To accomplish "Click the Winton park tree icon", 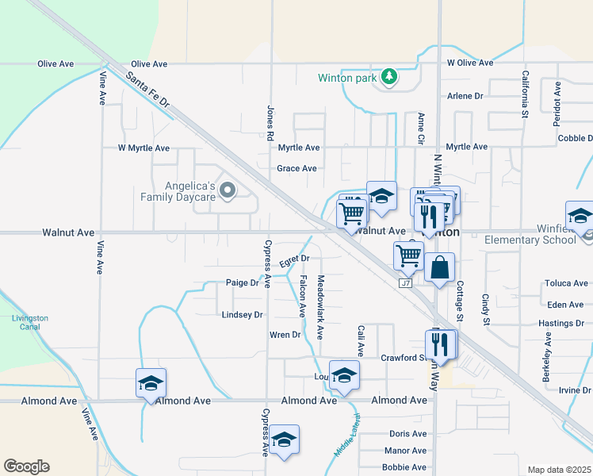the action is (388, 77).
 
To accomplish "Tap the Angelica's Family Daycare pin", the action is (228, 190).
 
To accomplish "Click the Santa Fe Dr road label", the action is (147, 90).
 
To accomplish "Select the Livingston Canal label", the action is (30, 322).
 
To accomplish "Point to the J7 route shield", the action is (406, 282).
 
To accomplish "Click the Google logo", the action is (26, 466).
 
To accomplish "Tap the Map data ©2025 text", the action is (559, 470).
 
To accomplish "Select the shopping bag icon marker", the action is (438, 269).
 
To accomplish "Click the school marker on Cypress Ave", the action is (283, 440).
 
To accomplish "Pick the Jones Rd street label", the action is (270, 117).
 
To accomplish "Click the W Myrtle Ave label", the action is (143, 148).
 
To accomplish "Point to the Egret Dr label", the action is (294, 259).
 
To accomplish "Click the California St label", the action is (525, 94).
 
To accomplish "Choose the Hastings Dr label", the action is (561, 324).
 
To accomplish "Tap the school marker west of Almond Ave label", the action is (151, 383).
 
